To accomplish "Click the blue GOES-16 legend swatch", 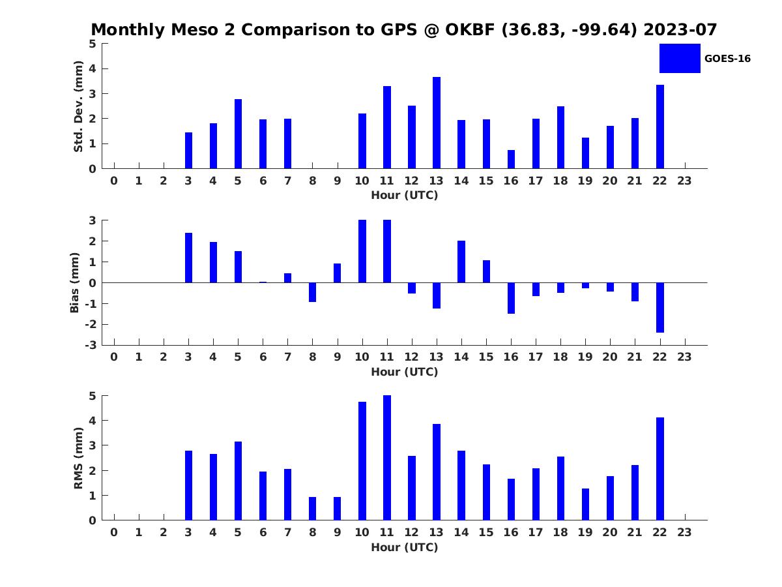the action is click(x=680, y=58).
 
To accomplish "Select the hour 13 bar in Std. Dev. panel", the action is click(x=437, y=123).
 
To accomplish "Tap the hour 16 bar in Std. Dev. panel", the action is click(x=511, y=159).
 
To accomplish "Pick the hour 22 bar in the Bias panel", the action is click(x=659, y=308).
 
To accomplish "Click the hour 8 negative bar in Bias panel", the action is click(x=312, y=292).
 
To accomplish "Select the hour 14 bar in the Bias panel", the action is click(x=461, y=262).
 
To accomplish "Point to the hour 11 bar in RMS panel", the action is click(x=387, y=458).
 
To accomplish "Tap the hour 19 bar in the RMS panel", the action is click(x=585, y=504).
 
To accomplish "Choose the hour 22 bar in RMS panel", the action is click(x=659, y=469).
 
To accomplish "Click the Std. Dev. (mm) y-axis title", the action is click(x=78, y=106).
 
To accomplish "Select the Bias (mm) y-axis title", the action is click(x=74, y=282).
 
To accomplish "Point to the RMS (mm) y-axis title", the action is click(x=78, y=458).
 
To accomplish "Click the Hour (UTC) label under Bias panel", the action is click(x=405, y=372).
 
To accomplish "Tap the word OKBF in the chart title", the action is click(x=470, y=29).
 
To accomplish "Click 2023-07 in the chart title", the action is click(x=680, y=29).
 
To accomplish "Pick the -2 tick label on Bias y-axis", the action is click(x=91, y=324).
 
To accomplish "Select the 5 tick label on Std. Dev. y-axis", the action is click(x=93, y=44).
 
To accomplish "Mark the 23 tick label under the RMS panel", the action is click(x=684, y=532).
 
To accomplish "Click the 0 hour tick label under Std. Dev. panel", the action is click(x=114, y=181).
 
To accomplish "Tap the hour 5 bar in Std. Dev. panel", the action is click(x=238, y=134).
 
